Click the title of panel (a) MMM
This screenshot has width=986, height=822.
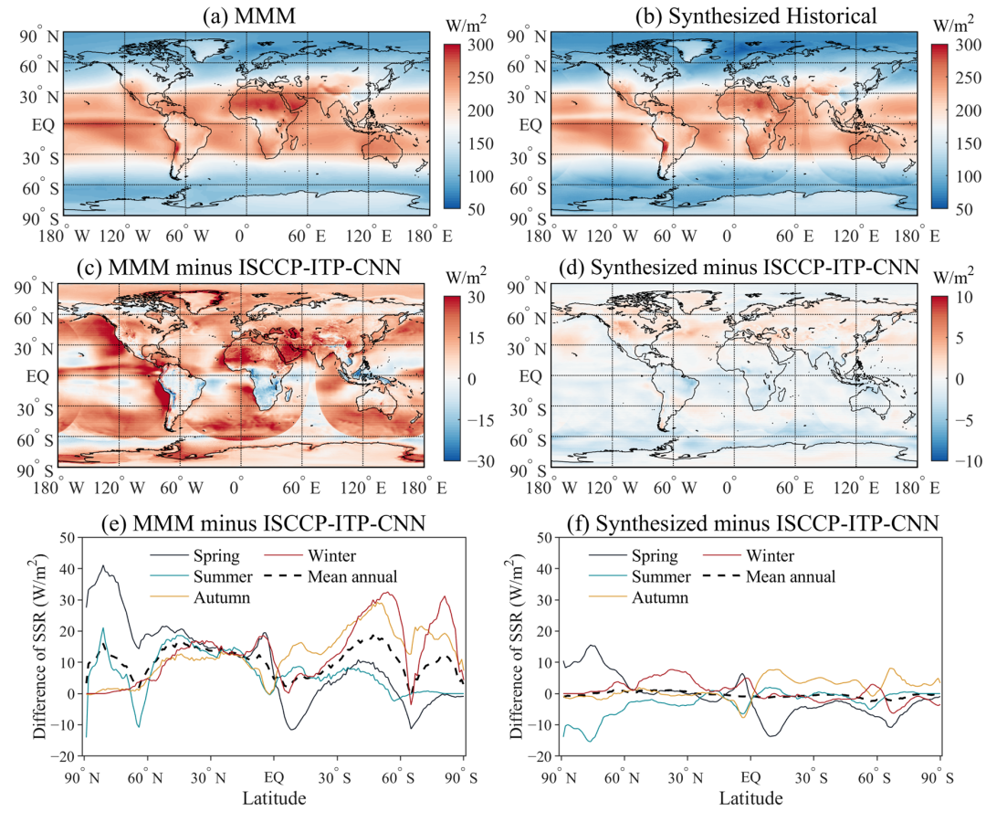click(245, 14)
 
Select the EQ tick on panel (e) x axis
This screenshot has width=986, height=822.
click(273, 777)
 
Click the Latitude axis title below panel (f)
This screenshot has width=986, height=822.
click(751, 798)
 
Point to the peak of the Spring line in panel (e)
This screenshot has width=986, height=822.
click(103, 565)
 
